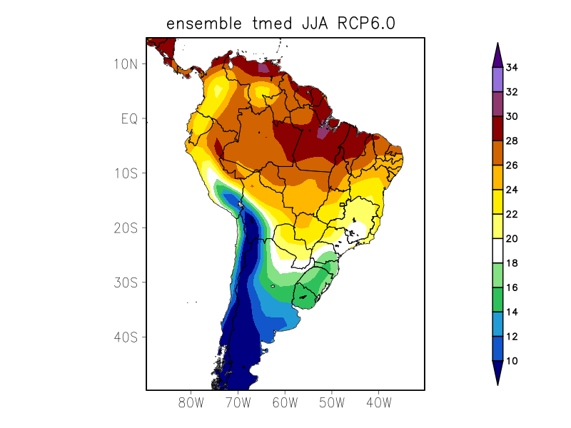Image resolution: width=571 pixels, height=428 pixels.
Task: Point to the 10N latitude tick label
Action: [x=125, y=63]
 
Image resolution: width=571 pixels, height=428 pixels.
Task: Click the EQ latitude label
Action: [x=128, y=118]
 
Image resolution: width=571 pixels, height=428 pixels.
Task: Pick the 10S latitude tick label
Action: [x=125, y=173]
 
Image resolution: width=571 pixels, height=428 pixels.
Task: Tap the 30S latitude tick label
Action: [x=125, y=282]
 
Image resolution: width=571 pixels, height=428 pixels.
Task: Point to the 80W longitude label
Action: [x=191, y=402]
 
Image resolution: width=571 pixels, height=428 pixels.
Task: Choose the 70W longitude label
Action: [x=238, y=402]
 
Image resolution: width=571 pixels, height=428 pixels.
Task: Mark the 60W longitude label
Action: [x=285, y=402]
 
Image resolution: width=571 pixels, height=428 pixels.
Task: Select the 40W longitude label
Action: [x=378, y=402]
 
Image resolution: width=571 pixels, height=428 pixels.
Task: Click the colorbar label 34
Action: [x=512, y=68]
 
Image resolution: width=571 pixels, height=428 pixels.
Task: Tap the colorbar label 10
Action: [x=512, y=362]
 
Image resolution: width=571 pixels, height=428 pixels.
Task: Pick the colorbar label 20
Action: [x=512, y=239]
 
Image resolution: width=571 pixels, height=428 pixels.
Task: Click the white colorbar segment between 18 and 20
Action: [x=497, y=251]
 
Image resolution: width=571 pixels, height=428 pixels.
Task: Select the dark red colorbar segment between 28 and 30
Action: [x=497, y=128]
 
